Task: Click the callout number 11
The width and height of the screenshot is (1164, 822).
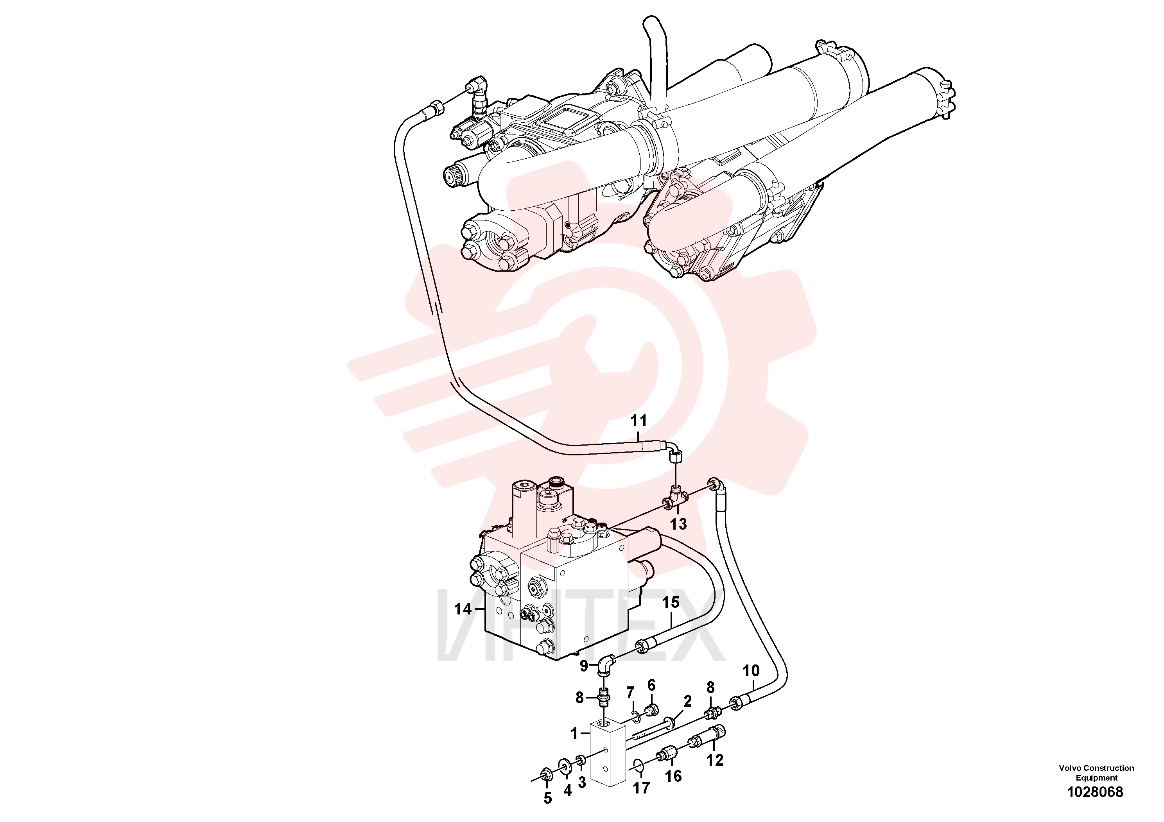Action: [x=639, y=421]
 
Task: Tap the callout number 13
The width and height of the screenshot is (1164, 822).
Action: [x=678, y=524]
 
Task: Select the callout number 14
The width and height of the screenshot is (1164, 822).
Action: [x=463, y=609]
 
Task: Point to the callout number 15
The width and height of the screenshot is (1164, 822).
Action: [x=671, y=603]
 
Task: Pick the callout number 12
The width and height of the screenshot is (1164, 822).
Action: [x=715, y=760]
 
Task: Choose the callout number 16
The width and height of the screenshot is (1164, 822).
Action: [x=673, y=776]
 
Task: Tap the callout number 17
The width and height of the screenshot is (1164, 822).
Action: [x=641, y=788]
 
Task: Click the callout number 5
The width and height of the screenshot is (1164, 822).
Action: [x=547, y=799]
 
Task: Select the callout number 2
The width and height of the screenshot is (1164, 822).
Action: [x=687, y=701]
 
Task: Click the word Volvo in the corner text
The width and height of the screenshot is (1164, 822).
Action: [x=1070, y=768]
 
